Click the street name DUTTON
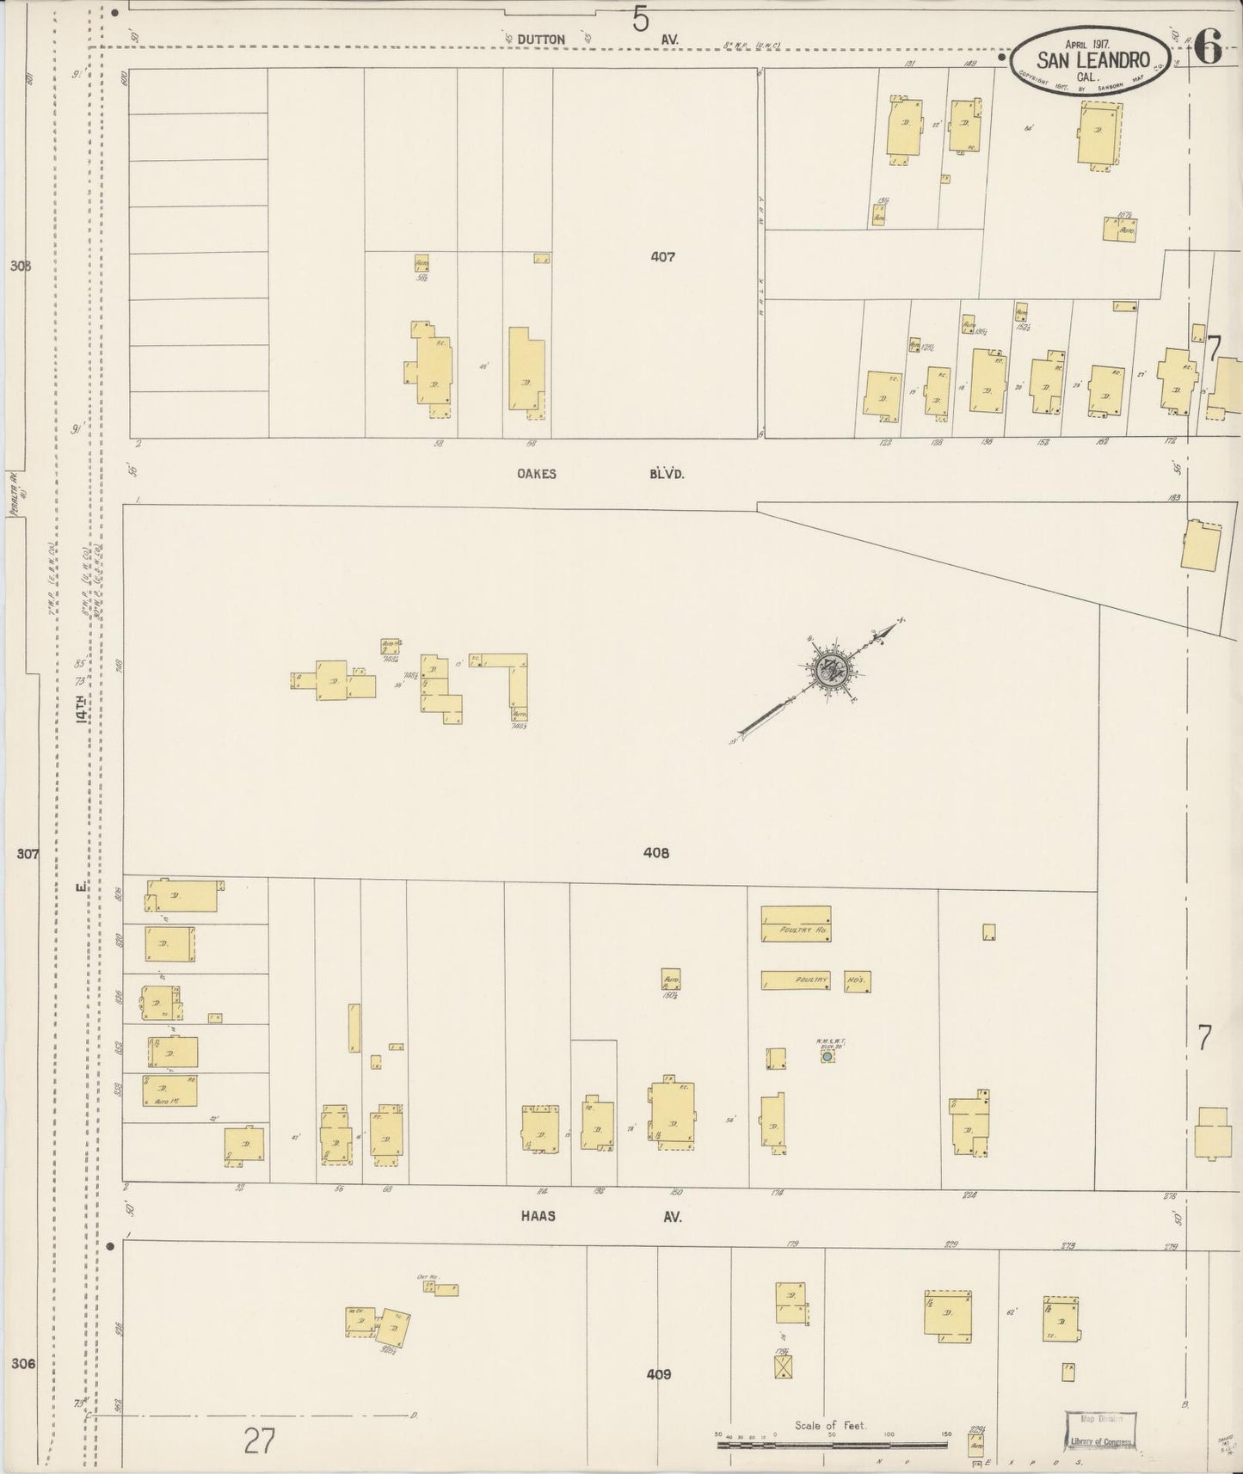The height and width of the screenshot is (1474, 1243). coord(542,40)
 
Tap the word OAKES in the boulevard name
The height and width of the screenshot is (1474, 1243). coord(536,474)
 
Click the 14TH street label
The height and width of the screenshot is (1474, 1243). coord(82,709)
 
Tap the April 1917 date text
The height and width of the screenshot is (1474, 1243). coord(1087,43)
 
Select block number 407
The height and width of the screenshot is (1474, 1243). coord(662,256)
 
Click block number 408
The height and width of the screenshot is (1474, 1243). coord(655,853)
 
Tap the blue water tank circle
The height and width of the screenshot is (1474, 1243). coord(827,1056)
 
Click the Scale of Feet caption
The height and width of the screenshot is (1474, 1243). coord(830,1425)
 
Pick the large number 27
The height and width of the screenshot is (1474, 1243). coord(258,1440)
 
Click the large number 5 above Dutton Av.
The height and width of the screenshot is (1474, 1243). coord(640,19)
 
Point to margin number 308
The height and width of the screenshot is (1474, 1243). coord(21,266)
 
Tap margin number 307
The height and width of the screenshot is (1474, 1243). coord(28,854)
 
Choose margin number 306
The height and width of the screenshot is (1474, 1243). coord(24,1363)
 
